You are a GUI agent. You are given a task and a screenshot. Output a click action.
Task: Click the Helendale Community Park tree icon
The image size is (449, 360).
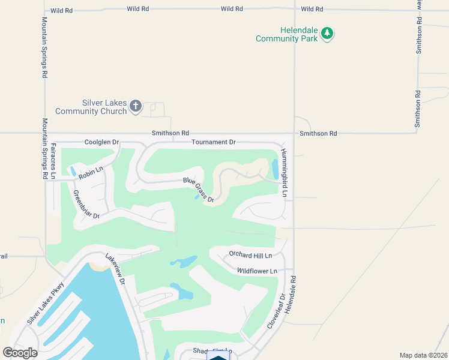tap(327, 34)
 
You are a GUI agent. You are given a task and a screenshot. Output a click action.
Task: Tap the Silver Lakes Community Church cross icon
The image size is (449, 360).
tap(136, 107)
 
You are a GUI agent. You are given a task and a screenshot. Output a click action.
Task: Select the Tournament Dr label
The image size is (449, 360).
tap(214, 142)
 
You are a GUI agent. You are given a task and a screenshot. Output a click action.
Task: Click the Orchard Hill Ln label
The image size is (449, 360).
tap(255, 256)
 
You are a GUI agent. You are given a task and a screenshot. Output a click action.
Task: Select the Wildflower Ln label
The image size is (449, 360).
tap(257, 271)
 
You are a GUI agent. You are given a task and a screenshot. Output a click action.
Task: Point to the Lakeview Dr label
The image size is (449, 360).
tap(115, 268)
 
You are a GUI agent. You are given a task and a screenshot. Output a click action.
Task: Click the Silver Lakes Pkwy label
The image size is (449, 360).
tap(46, 303)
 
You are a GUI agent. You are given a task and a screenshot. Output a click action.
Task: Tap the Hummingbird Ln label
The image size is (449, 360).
tap(285, 174)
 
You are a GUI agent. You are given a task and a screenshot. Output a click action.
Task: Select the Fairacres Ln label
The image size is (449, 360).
tap(53, 161)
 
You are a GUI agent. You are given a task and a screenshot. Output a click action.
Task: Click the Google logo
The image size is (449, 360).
tap(20, 353)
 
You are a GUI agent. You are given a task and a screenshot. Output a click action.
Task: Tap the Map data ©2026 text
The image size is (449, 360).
tap(424, 355)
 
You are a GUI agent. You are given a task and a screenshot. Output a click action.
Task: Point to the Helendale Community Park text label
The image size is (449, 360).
tap(286, 34)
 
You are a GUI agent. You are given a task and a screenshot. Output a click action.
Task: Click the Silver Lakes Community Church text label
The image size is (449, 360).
tap(91, 107)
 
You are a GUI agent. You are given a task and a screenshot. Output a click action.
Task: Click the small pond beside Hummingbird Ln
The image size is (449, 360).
tap(275, 169)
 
